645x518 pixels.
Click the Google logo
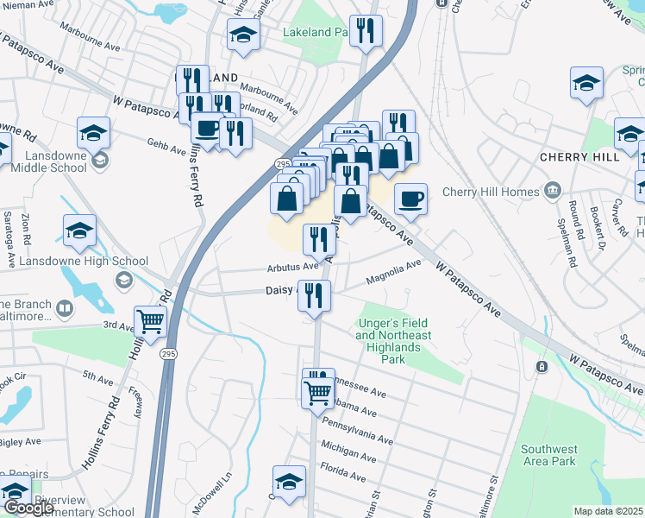[28, 508]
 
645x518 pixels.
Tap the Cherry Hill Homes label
[488, 192]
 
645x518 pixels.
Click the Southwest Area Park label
[549, 455]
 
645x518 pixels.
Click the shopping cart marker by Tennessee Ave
[318, 392]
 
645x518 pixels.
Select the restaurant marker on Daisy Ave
[314, 294]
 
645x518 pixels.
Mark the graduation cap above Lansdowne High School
[79, 230]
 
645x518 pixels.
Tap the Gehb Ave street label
[166, 148]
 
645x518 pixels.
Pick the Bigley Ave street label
[19, 441]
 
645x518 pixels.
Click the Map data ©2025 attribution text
[608, 511]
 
